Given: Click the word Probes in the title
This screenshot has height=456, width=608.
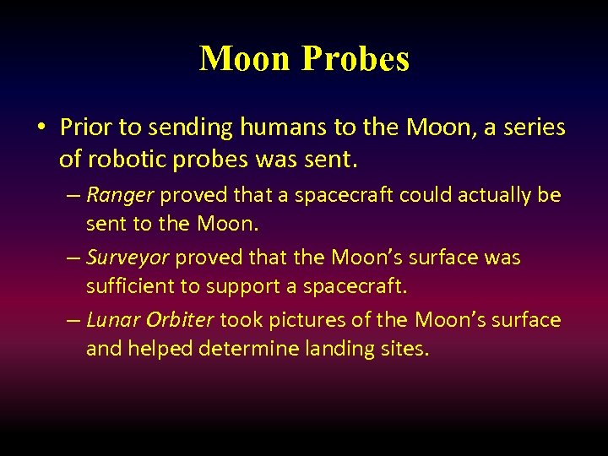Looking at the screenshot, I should [x=356, y=59].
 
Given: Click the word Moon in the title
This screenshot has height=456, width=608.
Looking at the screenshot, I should [x=247, y=59].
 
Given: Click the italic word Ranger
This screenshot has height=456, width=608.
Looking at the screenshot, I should [x=120, y=196].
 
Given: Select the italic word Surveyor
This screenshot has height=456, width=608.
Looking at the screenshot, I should [x=128, y=258].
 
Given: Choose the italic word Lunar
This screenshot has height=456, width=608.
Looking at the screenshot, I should [x=112, y=320].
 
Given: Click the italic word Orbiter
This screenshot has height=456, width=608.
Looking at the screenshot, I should [x=182, y=320].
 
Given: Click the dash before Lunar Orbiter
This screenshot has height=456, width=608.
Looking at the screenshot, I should [x=73, y=321].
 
